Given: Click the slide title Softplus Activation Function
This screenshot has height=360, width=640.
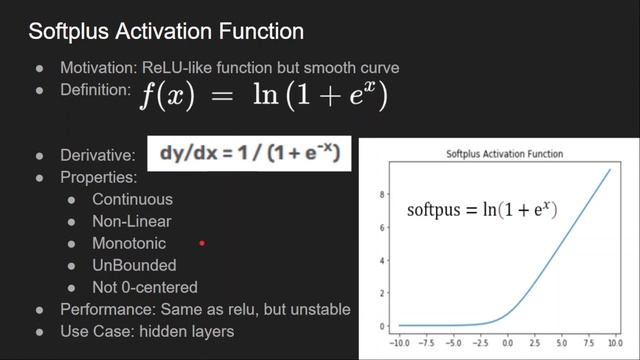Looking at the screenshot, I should pyautogui.click(x=165, y=31).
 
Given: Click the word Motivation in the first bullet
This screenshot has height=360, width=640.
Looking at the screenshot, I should pyautogui.click(x=97, y=68).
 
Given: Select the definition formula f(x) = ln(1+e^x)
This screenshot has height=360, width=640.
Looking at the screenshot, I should pyautogui.click(x=264, y=97).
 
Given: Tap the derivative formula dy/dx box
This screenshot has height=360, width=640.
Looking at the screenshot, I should pyautogui.click(x=249, y=154).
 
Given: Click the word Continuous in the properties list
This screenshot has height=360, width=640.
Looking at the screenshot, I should pyautogui.click(x=132, y=199).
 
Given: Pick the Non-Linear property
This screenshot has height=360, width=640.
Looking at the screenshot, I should pyautogui.click(x=131, y=221).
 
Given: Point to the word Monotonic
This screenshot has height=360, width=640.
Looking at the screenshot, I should pyautogui.click(x=129, y=243).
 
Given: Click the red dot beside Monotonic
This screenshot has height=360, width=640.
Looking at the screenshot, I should pyautogui.click(x=202, y=243).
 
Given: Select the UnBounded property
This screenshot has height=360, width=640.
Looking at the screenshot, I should pyautogui.click(x=134, y=265).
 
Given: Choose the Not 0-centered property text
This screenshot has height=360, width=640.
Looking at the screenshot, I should pyautogui.click(x=144, y=287).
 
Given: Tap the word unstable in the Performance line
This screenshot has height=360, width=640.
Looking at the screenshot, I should pyautogui.click(x=321, y=309).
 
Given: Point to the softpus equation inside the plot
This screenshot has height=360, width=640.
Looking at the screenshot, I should pyautogui.click(x=481, y=210).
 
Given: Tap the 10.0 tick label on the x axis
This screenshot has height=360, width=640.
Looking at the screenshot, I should pyautogui.click(x=610, y=340).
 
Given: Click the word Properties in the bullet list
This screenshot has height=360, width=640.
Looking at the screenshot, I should pyautogui.click(x=99, y=177).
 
